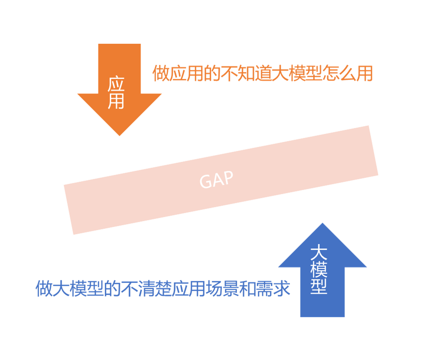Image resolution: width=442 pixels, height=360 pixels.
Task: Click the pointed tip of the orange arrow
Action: click(120, 135)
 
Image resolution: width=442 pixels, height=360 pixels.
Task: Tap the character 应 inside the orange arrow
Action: click(116, 85)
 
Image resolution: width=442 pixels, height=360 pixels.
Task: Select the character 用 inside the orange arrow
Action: click(116, 101)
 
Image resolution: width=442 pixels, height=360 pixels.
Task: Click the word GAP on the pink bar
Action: click(216, 180)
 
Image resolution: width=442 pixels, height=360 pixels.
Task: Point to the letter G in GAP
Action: click(205, 182)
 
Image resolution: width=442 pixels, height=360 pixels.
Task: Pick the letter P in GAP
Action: click(228, 177)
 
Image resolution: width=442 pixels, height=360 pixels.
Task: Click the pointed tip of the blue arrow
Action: click(322, 224)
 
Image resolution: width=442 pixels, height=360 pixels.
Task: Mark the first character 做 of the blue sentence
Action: click(44, 289)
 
